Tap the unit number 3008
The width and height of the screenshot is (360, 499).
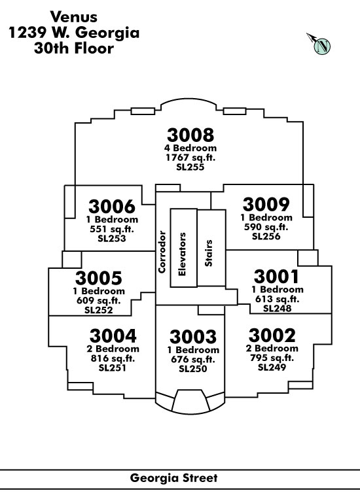click(190, 135)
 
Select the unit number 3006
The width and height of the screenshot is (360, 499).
click(112, 207)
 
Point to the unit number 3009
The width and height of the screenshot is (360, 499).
click(266, 204)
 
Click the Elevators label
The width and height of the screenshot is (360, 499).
click(182, 254)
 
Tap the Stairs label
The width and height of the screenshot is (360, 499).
click(208, 253)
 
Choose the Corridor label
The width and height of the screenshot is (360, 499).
click(162, 252)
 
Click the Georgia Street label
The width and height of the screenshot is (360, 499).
click(173, 477)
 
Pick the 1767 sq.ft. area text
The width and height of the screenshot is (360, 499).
click(190, 158)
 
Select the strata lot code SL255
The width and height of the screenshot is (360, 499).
click(190, 167)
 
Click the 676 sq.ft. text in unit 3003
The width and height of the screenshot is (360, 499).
click(192, 359)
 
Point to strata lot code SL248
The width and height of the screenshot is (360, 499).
click(277, 309)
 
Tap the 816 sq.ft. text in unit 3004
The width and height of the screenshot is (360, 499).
click(113, 358)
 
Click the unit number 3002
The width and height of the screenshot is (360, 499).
click(272, 335)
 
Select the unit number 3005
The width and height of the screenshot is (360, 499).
click(98, 278)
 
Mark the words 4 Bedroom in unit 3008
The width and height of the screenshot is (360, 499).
click(190, 148)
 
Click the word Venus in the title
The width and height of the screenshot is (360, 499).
click(73, 17)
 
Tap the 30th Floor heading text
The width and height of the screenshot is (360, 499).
click(74, 48)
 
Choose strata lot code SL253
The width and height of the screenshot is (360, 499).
click(112, 239)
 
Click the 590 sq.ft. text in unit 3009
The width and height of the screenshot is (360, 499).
click(266, 227)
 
